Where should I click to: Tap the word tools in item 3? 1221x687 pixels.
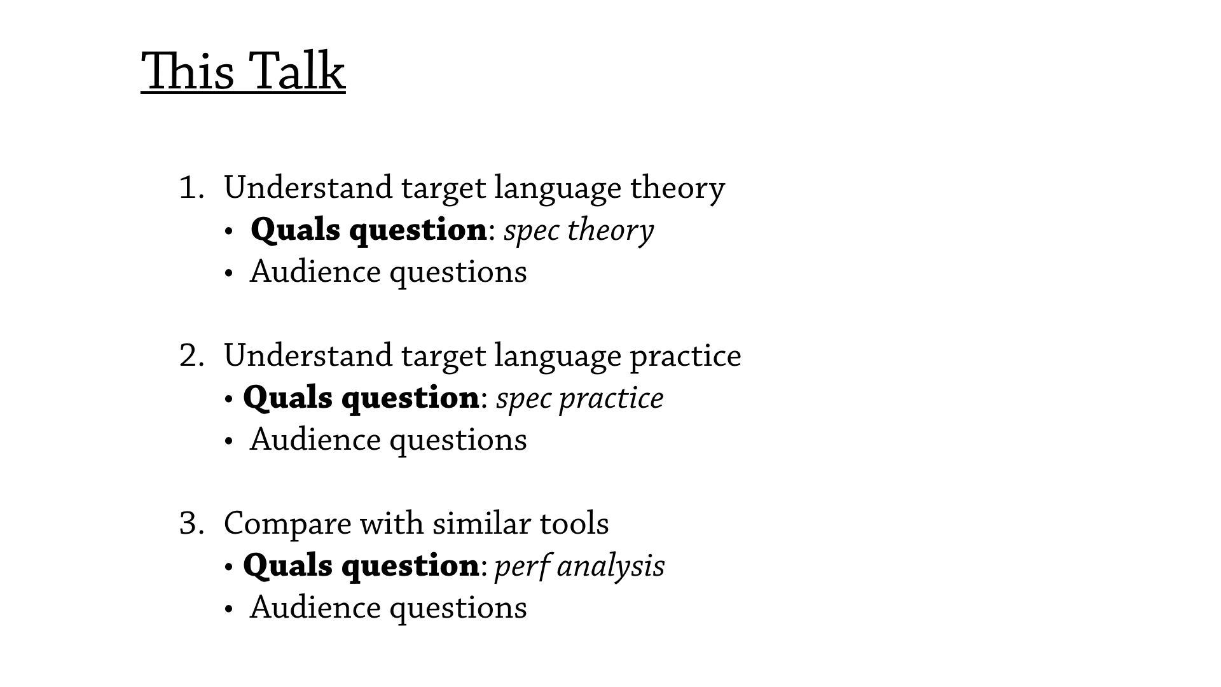574,524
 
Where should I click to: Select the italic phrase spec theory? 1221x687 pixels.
579,231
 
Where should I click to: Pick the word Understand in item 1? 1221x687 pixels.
308,188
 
